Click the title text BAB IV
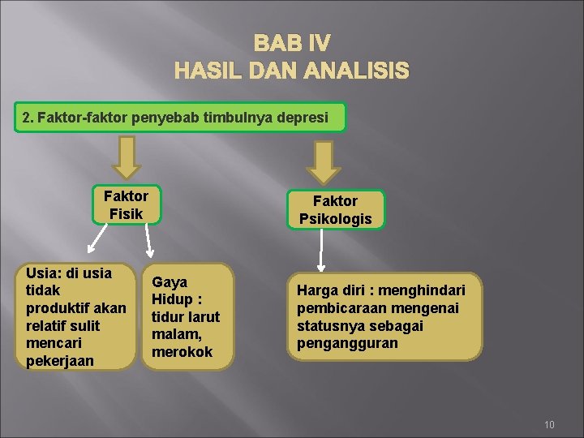(292, 43)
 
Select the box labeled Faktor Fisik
(126, 204)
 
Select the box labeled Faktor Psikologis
(335, 209)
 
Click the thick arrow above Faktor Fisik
(126, 157)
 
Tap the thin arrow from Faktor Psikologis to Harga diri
(321, 249)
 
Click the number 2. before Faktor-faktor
(28, 118)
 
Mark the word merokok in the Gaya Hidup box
(182, 351)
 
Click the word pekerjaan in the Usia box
(60, 359)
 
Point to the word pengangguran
(347, 342)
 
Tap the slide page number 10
(549, 424)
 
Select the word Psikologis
(335, 218)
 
